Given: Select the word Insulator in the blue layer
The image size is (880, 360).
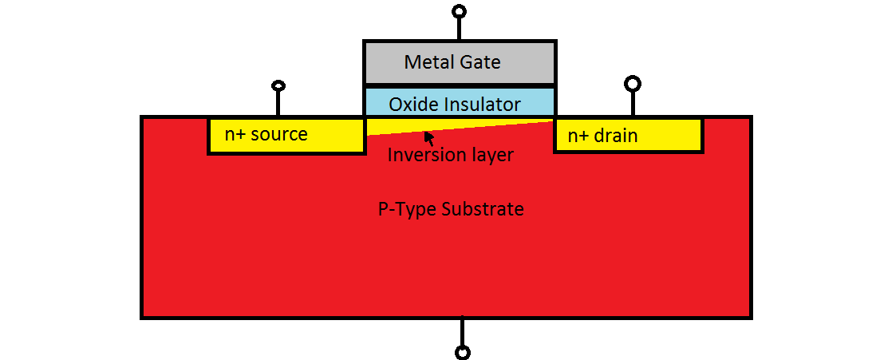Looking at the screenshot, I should tap(479, 104).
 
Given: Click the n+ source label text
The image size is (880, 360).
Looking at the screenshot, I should tap(266, 134).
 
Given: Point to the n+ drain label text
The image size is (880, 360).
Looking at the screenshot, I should tap(602, 136).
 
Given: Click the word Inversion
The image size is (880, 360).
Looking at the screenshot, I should tap(421, 155).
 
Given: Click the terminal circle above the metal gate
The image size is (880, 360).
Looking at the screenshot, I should tap(459, 11).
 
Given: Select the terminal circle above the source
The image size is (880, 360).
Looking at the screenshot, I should tap(278, 85).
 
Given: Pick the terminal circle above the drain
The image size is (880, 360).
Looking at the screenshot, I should tap(633, 83).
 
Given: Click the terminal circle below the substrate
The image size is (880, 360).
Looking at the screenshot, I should tap(462, 351).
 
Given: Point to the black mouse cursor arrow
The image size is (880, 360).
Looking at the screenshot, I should tap(428, 136).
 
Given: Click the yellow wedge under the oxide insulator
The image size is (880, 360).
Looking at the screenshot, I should tap(399, 127).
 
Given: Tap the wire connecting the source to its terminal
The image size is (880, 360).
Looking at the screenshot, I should tap(278, 104).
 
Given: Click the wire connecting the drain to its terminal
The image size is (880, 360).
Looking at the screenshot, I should tap(633, 104).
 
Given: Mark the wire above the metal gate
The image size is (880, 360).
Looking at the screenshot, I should tap(459, 29).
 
